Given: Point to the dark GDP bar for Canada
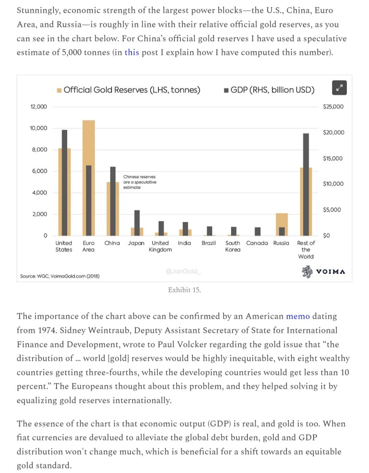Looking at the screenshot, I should pos(258,231).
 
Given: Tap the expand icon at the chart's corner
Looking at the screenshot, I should pos(339,88).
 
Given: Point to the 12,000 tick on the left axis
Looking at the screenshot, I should pos(38,107).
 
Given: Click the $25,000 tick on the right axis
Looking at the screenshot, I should pos(333,107).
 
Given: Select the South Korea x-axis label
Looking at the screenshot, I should pos(233,246).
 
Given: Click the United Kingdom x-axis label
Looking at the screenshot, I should pos(160,246).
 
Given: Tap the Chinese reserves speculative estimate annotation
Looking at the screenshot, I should pos(140,182).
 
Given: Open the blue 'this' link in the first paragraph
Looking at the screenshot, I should pos(131,52).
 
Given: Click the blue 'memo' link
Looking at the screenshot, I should pos(299,316).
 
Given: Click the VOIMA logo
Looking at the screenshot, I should pos(323,272).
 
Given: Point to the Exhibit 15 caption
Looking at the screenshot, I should pos(184,290).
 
